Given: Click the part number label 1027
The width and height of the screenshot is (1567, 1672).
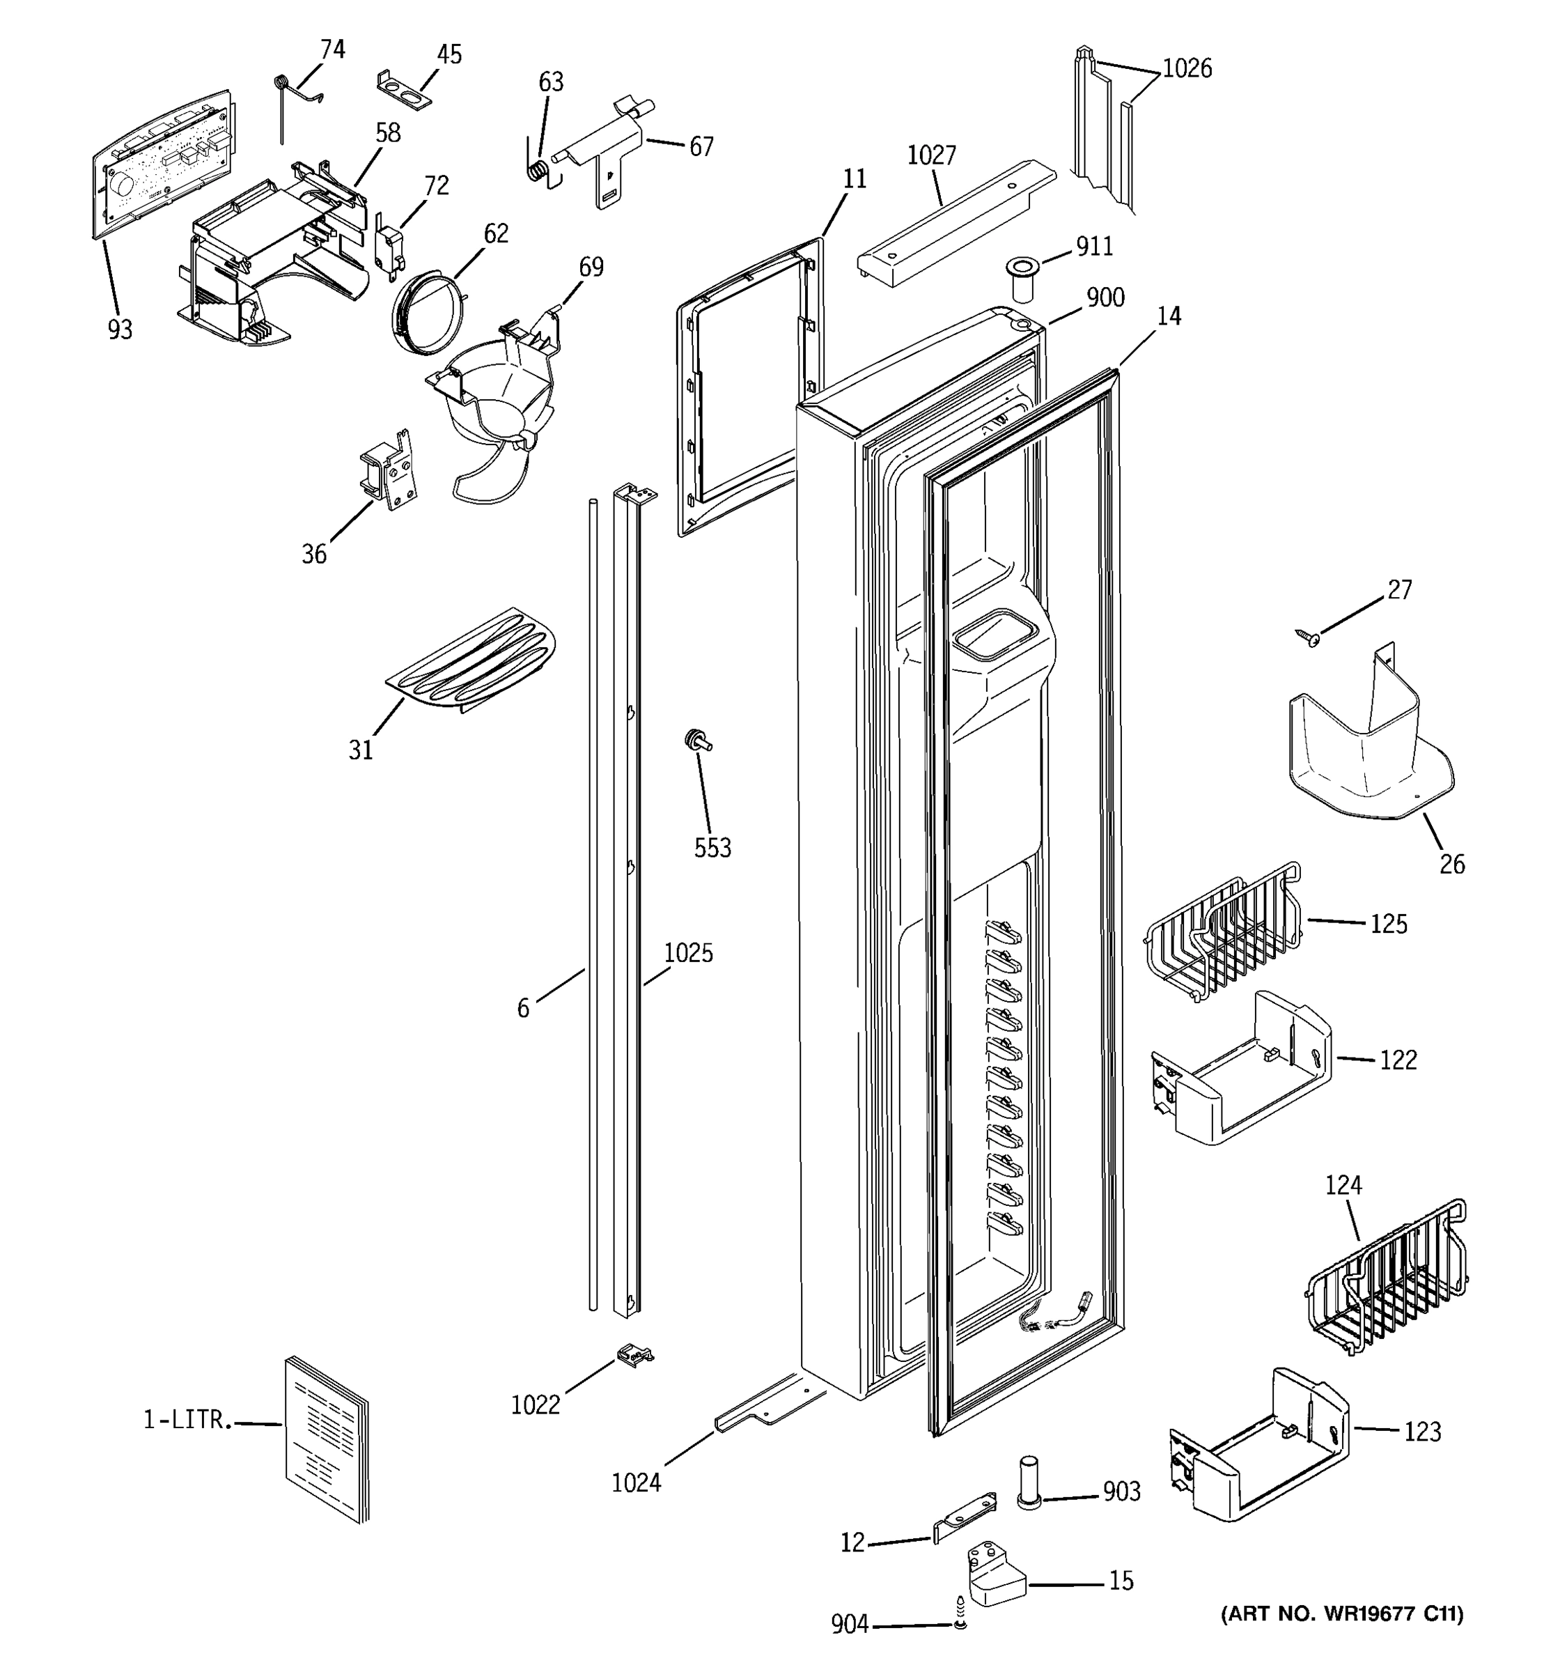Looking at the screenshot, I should click(x=931, y=155).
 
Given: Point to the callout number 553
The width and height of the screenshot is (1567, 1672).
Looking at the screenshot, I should click(x=712, y=848).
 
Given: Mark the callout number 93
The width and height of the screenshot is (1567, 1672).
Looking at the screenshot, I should click(x=120, y=330).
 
